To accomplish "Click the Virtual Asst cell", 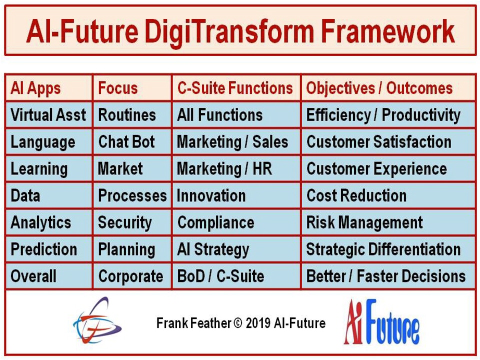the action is (x=48, y=115).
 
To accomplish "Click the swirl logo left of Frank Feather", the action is (x=97, y=320).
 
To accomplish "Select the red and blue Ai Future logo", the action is (x=381, y=322).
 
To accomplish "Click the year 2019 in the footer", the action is (x=258, y=323).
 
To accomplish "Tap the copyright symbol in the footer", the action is (x=238, y=323).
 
